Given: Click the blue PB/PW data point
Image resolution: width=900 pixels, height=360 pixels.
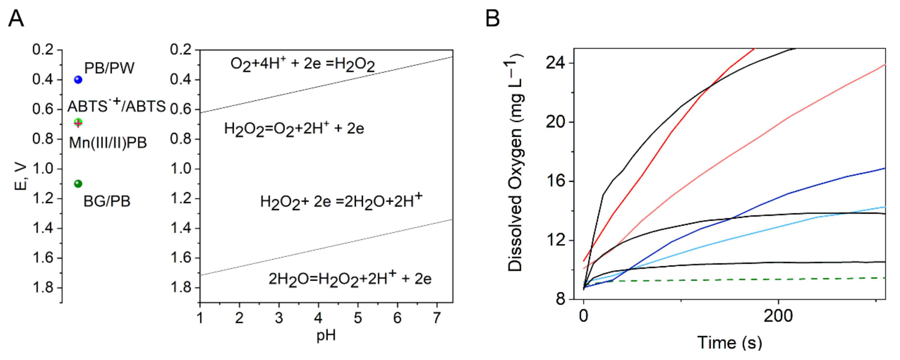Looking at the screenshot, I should tap(78, 80).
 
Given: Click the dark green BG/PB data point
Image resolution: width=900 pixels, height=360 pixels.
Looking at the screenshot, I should tap(78, 183).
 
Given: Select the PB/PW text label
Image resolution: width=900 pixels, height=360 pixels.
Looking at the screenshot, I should tap(109, 68).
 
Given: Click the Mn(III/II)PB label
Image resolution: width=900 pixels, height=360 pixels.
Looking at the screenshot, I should tap(108, 143).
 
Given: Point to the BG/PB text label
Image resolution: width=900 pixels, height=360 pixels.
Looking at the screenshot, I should tap(107, 201).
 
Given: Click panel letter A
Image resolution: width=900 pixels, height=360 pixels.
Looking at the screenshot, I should tap(16, 18).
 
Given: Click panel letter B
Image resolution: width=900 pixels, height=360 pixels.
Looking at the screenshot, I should tap(492, 18).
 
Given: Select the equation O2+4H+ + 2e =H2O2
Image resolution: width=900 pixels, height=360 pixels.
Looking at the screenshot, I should tap(302, 64).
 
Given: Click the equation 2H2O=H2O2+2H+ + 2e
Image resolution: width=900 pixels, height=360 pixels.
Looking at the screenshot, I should tap(350, 278).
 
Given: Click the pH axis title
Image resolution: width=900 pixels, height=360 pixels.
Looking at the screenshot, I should tap(326, 336).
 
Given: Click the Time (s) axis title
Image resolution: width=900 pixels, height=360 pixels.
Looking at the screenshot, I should tap(730, 342).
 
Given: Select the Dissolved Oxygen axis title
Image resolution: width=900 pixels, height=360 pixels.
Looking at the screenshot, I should tap(515, 163).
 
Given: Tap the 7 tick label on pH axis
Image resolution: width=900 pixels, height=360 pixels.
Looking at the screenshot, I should tap(436, 318).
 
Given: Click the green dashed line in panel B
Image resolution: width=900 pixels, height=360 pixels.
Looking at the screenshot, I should tap(734, 280).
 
